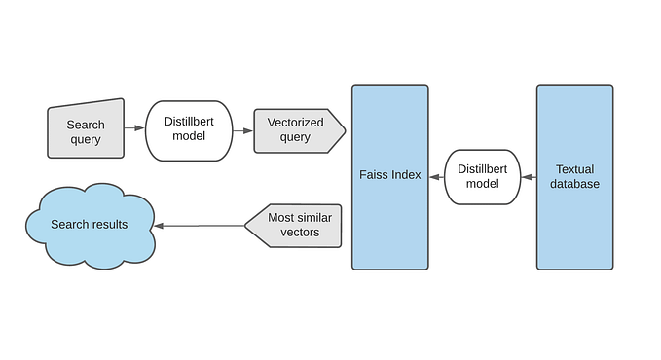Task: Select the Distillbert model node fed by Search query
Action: [189, 130]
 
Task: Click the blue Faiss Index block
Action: [389, 176]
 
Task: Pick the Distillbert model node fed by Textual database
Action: [483, 176]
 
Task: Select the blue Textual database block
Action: [574, 176]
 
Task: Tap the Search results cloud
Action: [90, 225]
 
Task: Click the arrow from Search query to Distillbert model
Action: [134, 128]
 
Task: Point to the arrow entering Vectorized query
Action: [242, 129]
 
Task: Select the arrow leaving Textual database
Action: [529, 177]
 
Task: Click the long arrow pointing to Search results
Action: [200, 226]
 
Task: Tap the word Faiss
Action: [373, 175]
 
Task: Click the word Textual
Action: [574, 168]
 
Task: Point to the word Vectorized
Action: [295, 123]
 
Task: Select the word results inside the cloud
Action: [108, 225]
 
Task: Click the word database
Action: [574, 184]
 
